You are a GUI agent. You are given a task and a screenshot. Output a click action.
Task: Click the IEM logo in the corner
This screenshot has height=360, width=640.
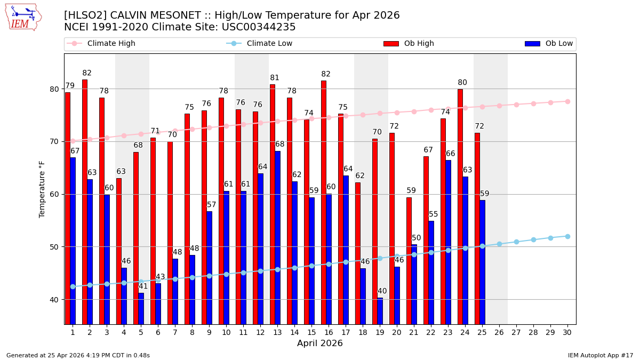pos(23,17)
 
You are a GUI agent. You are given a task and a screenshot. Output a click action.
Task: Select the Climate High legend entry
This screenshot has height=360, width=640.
pos(111,44)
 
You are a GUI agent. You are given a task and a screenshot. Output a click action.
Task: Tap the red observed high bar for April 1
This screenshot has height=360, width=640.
pos(68,208)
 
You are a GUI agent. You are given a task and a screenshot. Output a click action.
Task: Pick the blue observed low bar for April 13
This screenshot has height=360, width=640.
pos(277,237)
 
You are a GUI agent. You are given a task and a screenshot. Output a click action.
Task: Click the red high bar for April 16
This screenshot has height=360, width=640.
pos(324,202)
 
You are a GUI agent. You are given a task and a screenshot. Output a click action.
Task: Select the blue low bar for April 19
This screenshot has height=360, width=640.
pos(380,310)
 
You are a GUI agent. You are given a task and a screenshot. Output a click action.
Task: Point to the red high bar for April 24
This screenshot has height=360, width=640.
pos(460,206)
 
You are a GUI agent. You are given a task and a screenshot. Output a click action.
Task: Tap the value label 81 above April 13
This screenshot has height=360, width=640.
pos(275,78)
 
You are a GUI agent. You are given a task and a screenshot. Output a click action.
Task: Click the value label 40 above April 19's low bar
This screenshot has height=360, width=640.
pos(382,291)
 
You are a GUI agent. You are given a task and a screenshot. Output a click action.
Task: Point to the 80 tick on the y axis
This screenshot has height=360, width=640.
pos(55,89)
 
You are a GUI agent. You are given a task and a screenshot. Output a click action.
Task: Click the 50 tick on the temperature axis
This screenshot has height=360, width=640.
pos(55,247)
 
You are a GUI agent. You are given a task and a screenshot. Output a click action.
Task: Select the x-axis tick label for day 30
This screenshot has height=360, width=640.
pos(567,332)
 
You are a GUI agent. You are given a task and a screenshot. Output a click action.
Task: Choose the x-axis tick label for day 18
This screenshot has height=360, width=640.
pos(363,332)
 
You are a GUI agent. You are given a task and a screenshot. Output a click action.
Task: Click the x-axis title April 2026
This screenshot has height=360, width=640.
pos(320,343)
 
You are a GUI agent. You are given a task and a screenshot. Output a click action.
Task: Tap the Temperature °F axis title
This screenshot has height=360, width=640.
pos(42,189)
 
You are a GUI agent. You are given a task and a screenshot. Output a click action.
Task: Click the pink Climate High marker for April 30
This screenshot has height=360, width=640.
pos(567,101)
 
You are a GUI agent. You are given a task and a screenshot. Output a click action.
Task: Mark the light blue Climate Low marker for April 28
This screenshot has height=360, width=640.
pos(533,239)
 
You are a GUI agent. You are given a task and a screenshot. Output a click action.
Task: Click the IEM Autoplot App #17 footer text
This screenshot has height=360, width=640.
pos(601,355)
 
